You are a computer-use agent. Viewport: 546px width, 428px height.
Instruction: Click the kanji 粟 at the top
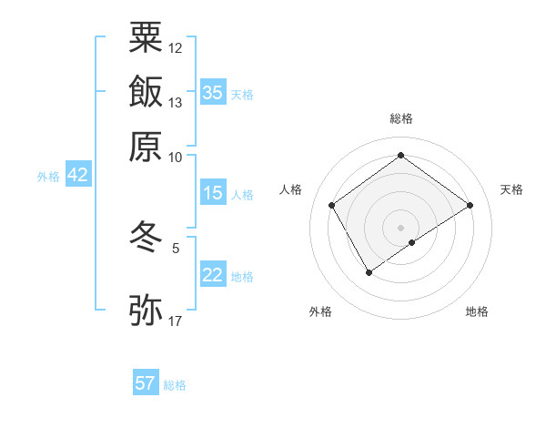[146, 38]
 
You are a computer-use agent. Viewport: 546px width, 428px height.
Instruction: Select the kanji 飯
[146, 92]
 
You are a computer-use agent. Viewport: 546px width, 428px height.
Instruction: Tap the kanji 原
[146, 146]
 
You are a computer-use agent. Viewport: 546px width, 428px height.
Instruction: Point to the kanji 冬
[146, 238]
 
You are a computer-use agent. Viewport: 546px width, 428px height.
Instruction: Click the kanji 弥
[146, 310]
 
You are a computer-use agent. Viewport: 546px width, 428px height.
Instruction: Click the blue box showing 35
[213, 92]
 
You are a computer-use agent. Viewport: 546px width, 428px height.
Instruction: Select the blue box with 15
[213, 193]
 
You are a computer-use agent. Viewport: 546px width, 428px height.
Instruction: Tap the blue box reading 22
[213, 275]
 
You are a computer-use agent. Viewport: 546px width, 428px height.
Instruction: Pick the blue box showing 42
[77, 176]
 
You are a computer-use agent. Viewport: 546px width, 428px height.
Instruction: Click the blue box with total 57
[146, 383]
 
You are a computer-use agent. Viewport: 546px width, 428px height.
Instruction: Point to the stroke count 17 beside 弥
[176, 321]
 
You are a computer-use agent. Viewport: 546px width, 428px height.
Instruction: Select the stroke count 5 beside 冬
[176, 247]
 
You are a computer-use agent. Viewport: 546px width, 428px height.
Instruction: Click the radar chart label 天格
[511, 189]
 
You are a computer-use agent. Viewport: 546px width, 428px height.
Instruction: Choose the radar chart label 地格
[477, 311]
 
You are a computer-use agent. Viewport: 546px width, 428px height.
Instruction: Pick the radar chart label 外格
[320, 311]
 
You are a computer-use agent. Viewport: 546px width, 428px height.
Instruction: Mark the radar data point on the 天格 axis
[470, 205]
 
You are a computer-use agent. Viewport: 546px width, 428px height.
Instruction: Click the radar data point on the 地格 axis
[413, 242]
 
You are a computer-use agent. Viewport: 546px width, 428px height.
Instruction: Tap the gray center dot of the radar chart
[401, 227]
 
